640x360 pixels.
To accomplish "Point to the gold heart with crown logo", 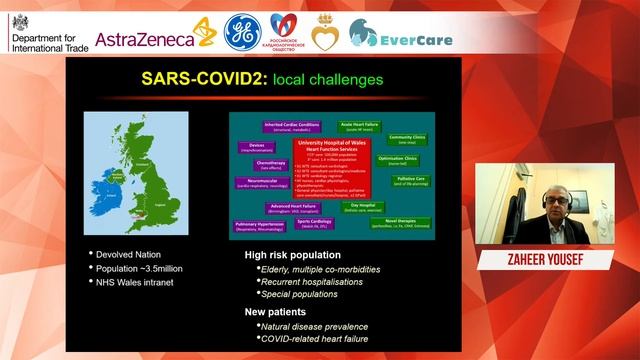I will pos(325,32).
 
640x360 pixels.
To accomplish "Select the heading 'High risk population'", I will pos(301,256).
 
